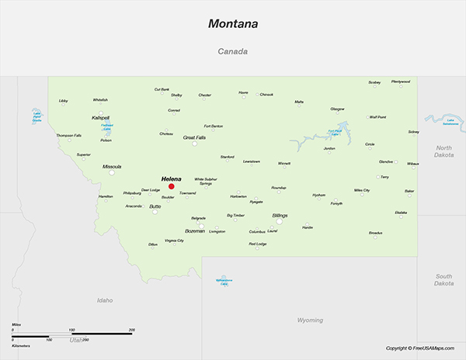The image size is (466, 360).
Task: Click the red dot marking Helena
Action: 172,186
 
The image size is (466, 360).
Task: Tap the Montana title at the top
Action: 233,24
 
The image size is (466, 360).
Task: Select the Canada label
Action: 232,53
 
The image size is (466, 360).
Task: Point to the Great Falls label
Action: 194,137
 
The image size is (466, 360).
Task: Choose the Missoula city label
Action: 112,166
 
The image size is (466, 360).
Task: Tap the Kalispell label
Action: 101,118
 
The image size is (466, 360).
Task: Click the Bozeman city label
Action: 195,230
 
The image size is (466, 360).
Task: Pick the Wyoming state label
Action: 310,320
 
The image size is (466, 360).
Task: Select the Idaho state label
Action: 105,299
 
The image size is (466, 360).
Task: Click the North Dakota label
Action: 443,151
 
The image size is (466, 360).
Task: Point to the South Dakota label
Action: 443,279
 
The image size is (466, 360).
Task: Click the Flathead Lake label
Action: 107,126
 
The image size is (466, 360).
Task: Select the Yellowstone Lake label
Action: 224,281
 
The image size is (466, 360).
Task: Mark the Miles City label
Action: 362,189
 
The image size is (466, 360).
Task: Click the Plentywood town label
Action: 401,81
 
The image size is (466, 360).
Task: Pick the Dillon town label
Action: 153,244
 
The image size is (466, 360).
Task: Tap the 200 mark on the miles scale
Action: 131,331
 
